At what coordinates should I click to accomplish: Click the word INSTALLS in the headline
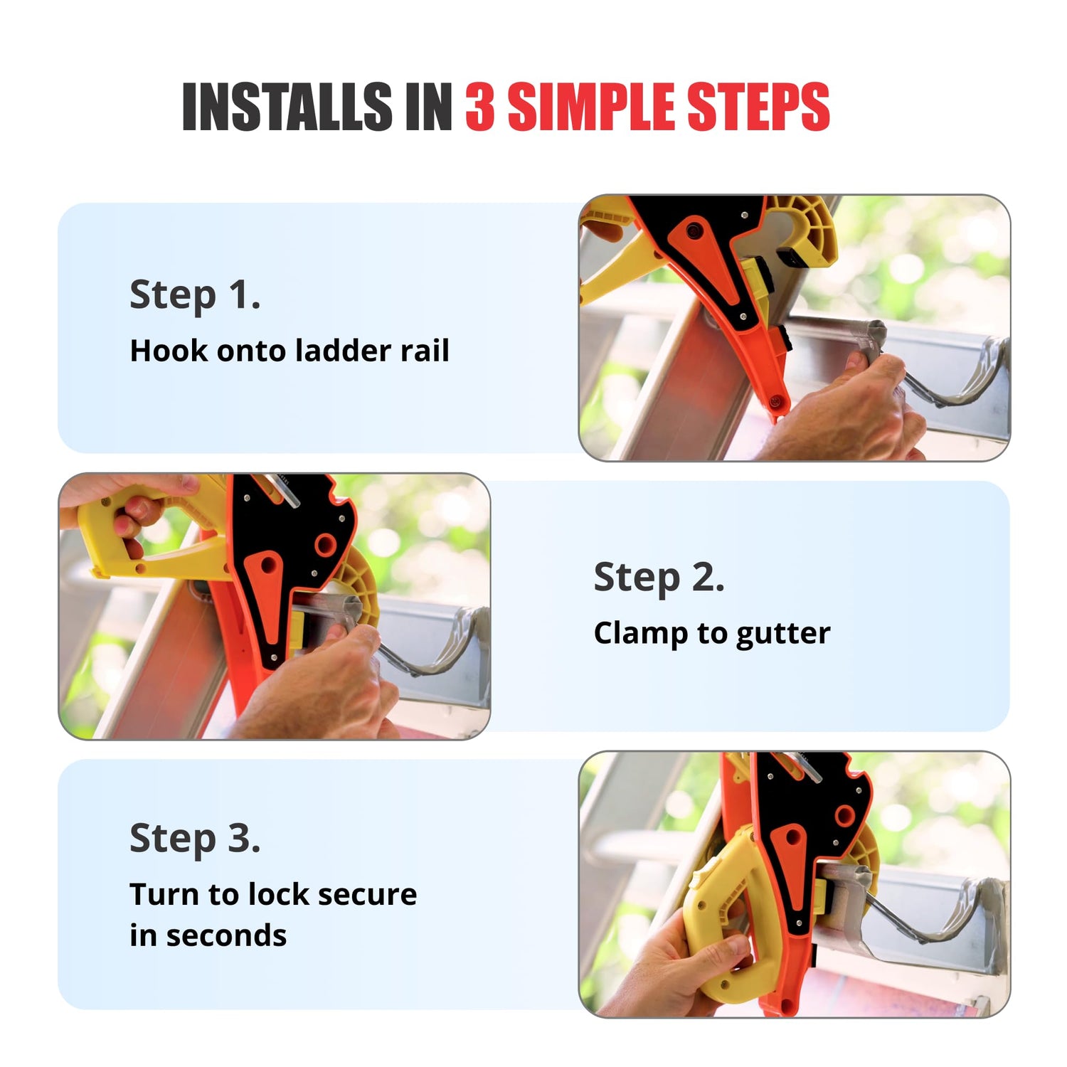click(287, 107)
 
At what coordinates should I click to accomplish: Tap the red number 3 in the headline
click(480, 107)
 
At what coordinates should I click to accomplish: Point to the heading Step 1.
click(195, 295)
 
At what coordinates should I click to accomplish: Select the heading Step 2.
click(659, 577)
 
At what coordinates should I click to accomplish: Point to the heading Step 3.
click(195, 839)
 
